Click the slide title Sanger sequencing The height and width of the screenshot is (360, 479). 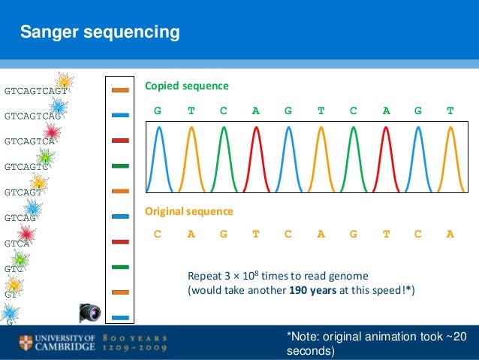tap(100, 32)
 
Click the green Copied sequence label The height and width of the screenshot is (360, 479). tap(186, 86)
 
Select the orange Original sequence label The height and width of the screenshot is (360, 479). tap(188, 212)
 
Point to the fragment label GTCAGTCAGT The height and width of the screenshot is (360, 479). tap(36, 91)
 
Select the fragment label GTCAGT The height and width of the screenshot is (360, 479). tap(23, 192)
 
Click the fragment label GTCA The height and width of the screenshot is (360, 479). tap(17, 244)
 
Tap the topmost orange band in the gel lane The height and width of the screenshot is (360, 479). tap(120, 90)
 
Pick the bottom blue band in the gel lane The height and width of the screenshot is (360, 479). tap(120, 317)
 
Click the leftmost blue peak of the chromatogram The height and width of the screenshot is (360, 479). tap(158, 158)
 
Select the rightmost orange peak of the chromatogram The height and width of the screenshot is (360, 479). tap(450, 158)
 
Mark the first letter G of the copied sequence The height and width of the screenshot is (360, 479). tap(158, 110)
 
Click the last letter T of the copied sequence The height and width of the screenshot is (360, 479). tap(450, 110)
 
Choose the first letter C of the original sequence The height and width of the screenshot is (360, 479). tap(158, 234)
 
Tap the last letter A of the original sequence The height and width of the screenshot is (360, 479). tap(450, 234)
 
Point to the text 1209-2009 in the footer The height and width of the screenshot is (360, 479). tap(136, 349)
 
